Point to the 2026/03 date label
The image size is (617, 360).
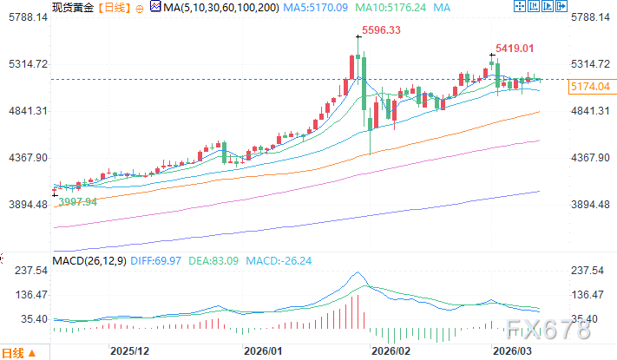pos(510,352)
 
